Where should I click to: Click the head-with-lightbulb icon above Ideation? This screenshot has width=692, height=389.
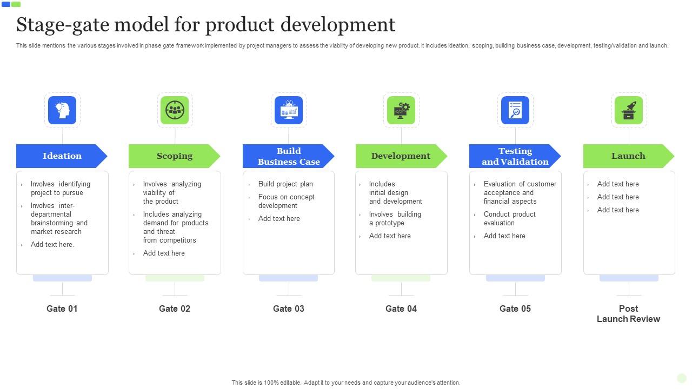[62, 110]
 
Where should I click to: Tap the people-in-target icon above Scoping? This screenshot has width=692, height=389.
[175, 110]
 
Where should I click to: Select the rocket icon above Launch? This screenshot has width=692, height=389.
[629, 110]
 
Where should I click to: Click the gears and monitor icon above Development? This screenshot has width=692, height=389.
[401, 110]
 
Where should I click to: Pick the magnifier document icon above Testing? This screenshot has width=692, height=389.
[515, 110]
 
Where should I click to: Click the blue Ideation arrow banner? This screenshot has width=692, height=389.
[62, 156]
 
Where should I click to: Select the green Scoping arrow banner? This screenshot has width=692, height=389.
[174, 156]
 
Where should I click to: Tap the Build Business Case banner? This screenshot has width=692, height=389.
[288, 156]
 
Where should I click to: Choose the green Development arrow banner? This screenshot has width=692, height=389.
[401, 156]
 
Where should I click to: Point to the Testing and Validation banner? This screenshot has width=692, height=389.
[515, 156]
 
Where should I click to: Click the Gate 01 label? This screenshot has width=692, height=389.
[62, 308]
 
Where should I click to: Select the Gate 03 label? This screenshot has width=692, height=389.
[289, 308]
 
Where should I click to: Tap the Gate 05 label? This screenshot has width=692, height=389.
[515, 308]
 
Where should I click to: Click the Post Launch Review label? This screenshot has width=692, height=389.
[628, 313]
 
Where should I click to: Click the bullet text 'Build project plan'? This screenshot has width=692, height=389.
[285, 184]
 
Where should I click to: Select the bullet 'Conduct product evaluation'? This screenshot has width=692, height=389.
[509, 218]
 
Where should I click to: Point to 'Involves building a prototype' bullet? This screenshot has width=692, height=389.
[395, 218]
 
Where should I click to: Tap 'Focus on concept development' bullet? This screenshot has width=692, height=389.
[286, 201]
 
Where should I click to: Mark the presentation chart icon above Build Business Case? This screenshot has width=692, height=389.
[289, 110]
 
